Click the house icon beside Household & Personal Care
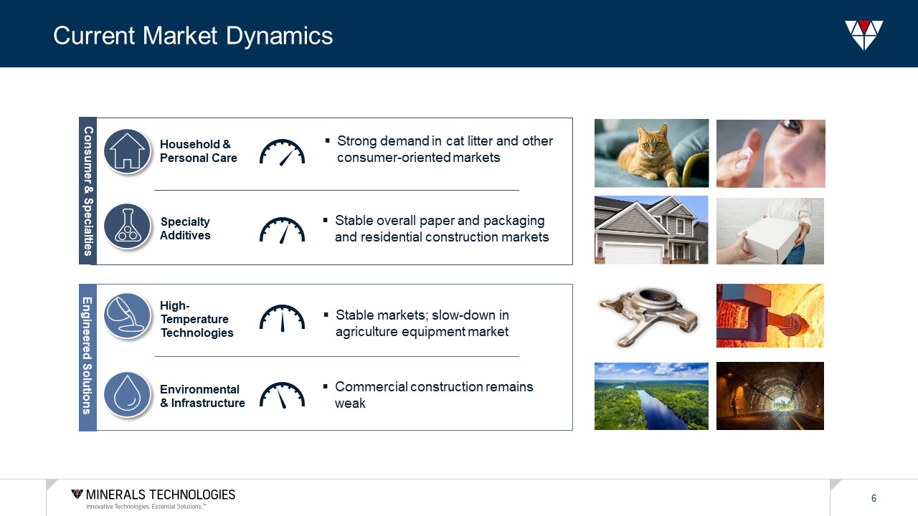pyautogui.click(x=127, y=151)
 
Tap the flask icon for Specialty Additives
pyautogui.click(x=127, y=226)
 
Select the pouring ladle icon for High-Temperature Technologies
pyautogui.click(x=127, y=316)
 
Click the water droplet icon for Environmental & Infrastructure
pyautogui.click(x=127, y=394)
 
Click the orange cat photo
pyautogui.click(x=651, y=153)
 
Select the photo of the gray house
pyautogui.click(x=651, y=230)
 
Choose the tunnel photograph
pyautogui.click(x=770, y=396)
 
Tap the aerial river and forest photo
pyautogui.click(x=651, y=396)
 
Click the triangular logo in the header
pyautogui.click(x=864, y=35)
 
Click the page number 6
pyautogui.click(x=874, y=498)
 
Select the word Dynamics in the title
pyautogui.click(x=279, y=36)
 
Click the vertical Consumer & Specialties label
pyautogui.click(x=87, y=191)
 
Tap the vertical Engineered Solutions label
pyautogui.click(x=87, y=357)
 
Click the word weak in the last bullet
pyautogui.click(x=350, y=403)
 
